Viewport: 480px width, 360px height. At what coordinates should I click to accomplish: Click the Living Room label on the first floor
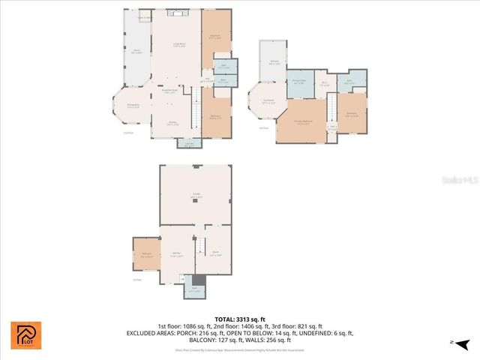[x=178, y=46]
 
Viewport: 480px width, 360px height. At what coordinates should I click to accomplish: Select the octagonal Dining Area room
[x=133, y=106]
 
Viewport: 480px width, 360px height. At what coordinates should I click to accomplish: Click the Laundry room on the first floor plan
[x=189, y=144]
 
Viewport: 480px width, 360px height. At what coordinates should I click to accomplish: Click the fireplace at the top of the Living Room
[x=178, y=13]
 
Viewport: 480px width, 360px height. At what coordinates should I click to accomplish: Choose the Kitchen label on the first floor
[x=172, y=124]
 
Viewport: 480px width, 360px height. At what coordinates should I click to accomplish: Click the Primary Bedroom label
[x=302, y=123]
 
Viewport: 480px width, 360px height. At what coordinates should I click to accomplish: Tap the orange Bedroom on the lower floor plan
[x=146, y=255]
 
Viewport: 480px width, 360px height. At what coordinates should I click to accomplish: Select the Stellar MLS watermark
[x=458, y=180]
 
